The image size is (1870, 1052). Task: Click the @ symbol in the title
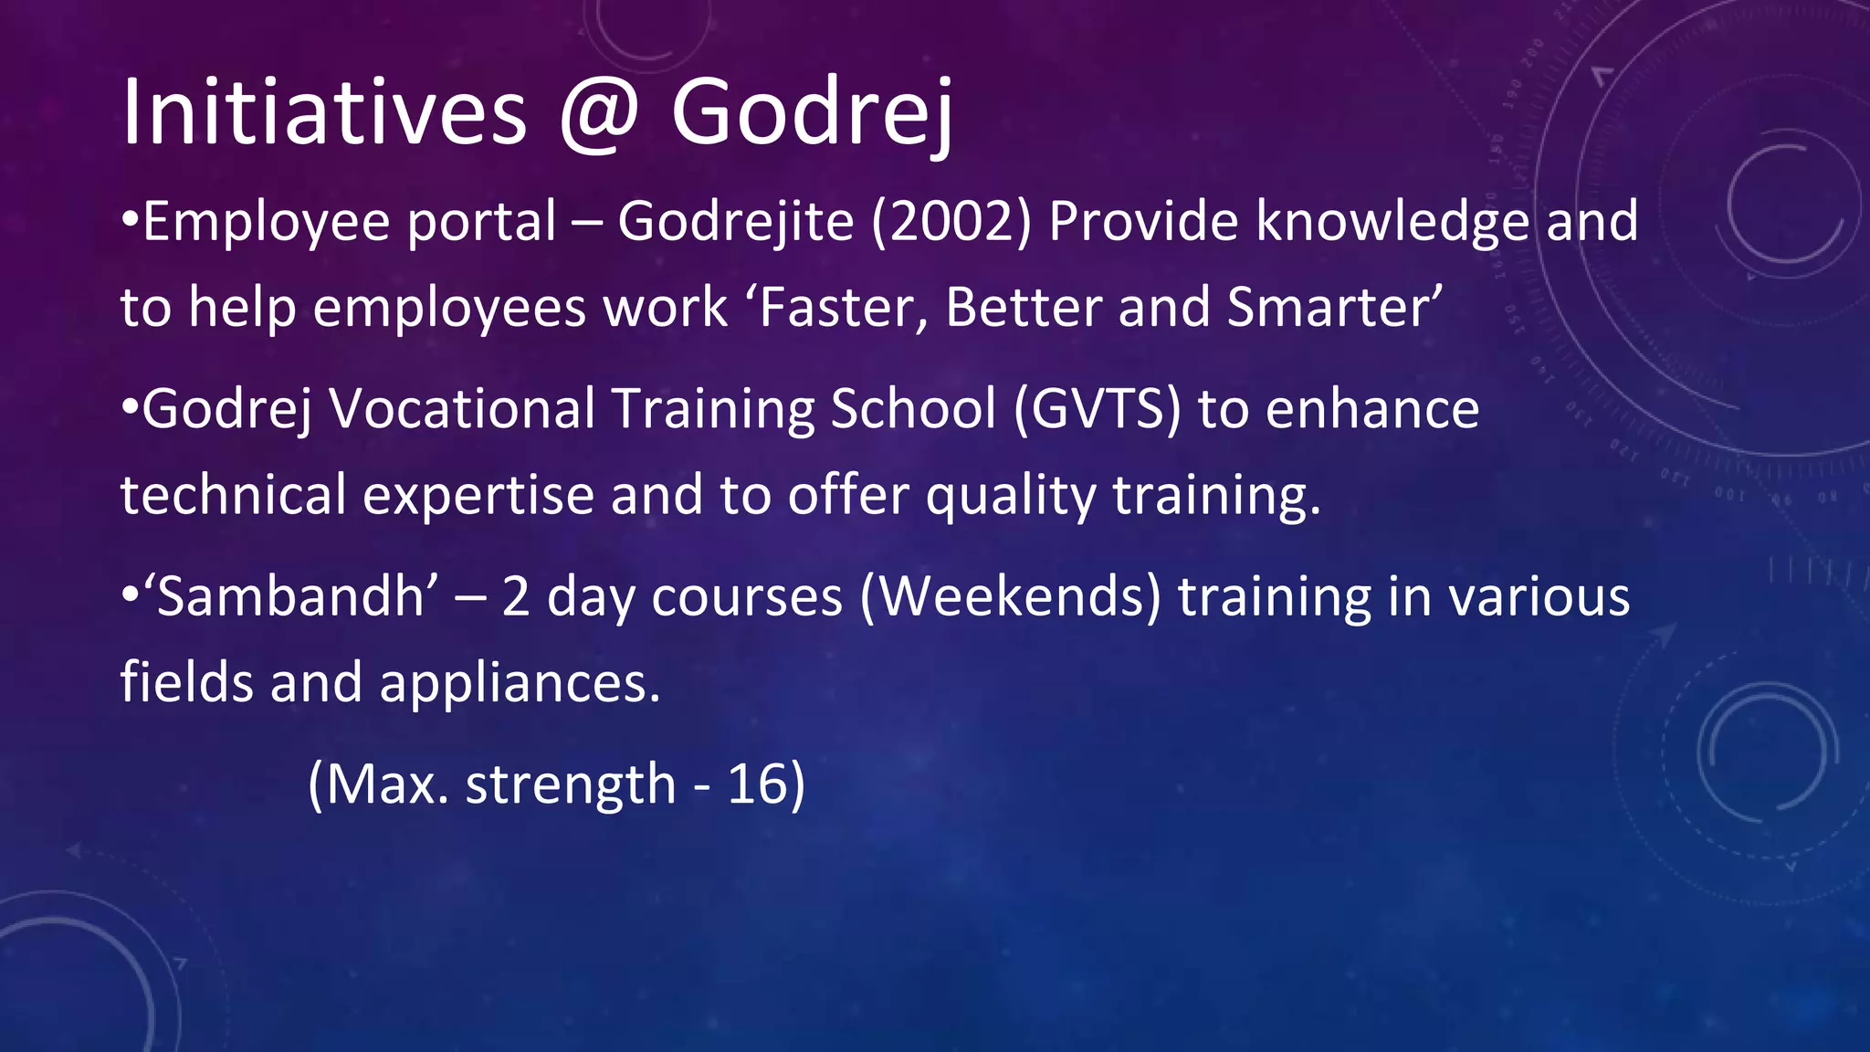click(599, 113)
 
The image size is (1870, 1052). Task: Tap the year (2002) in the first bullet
click(952, 222)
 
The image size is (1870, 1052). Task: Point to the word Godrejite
click(736, 222)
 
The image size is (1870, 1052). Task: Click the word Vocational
click(462, 408)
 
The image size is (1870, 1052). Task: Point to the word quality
click(1010, 496)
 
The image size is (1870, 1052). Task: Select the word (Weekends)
click(1010, 597)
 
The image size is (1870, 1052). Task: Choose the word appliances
click(520, 683)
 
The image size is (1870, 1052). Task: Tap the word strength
click(570, 784)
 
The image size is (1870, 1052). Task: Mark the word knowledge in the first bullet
click(1392, 222)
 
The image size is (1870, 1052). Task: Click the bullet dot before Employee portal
click(130, 222)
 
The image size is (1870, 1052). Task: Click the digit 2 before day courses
click(516, 597)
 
